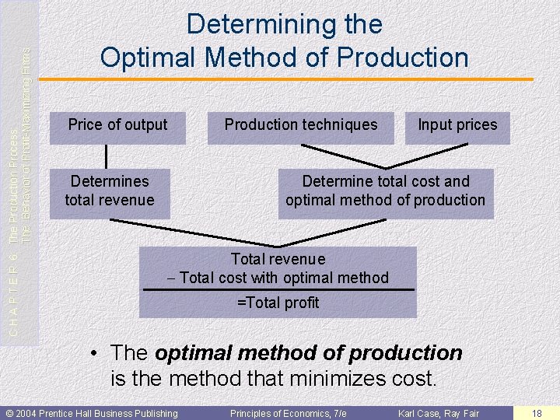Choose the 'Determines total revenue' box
click(x=110, y=191)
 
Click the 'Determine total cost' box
click(x=386, y=191)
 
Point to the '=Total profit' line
click(x=278, y=303)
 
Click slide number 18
click(x=537, y=413)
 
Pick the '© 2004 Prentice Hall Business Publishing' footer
click(x=92, y=413)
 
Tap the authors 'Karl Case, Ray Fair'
click(x=439, y=413)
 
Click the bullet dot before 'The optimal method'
click(x=93, y=353)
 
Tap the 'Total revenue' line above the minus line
click(x=278, y=259)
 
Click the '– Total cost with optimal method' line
click(x=278, y=278)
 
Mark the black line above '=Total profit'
click(x=278, y=290)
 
